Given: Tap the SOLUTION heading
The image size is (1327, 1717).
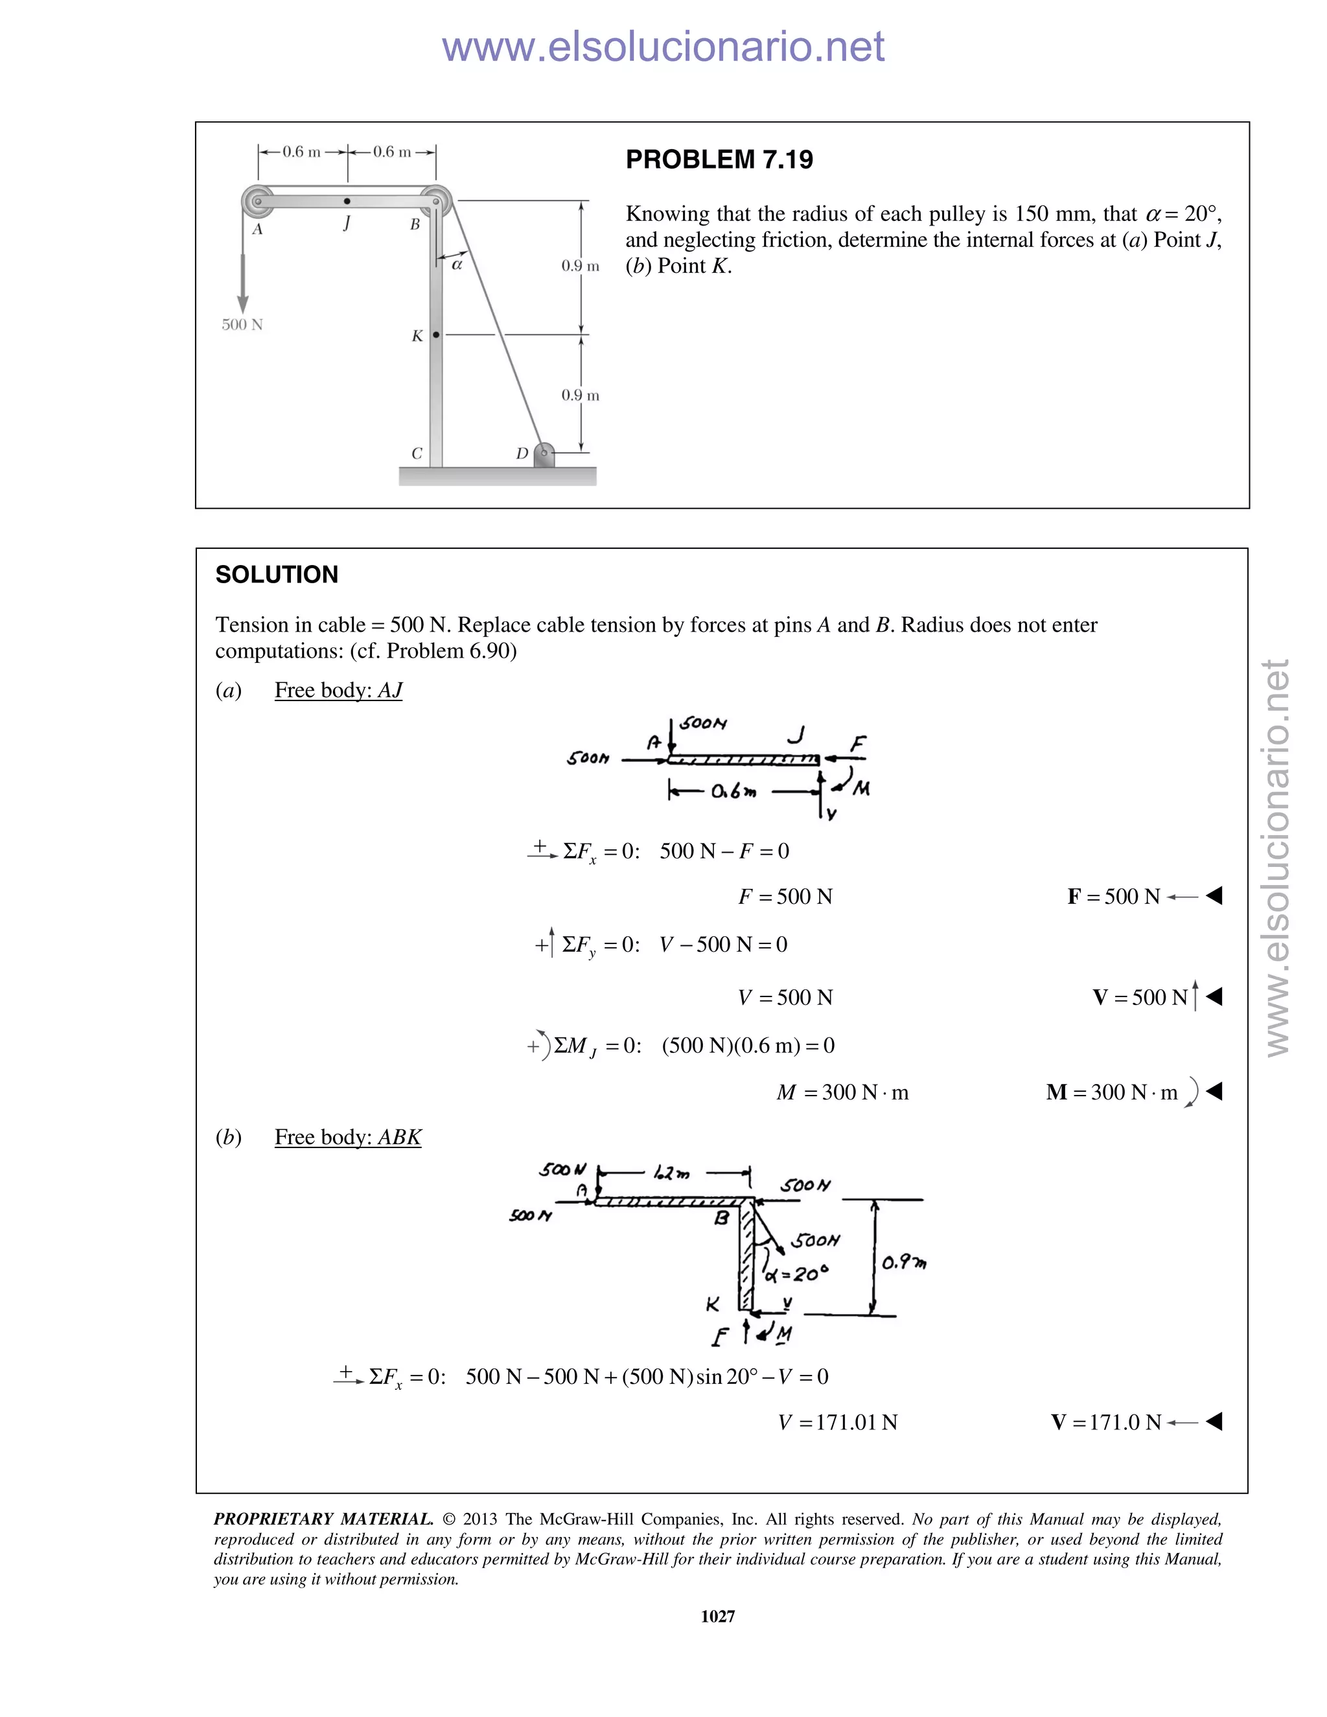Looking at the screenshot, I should [277, 575].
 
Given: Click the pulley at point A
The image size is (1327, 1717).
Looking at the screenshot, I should [257, 202].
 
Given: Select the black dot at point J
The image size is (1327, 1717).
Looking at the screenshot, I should [347, 202].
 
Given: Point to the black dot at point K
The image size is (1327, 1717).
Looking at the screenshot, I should [436, 335].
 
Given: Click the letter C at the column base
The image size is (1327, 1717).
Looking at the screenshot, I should [417, 454].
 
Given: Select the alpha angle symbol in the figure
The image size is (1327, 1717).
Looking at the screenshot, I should [457, 266].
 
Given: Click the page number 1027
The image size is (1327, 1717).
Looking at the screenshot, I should [717, 1615].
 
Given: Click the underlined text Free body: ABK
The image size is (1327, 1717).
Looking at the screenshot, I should [347, 1138].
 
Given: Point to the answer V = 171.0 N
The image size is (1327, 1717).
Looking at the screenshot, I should [1106, 1422].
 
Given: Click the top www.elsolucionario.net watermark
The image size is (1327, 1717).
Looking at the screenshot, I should [663, 47].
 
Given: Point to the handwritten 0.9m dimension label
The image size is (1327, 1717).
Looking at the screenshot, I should [903, 1263].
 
